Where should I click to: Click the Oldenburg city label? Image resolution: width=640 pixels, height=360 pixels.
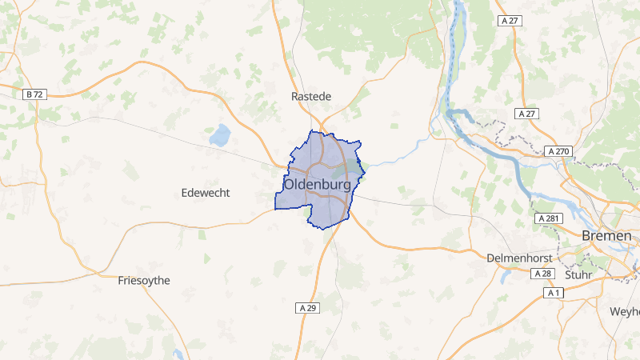click(x=317, y=184)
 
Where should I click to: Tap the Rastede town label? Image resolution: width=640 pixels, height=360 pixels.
click(x=310, y=96)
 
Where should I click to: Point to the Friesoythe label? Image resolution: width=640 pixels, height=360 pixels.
click(x=144, y=280)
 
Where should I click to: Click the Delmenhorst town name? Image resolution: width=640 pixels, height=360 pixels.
click(x=520, y=258)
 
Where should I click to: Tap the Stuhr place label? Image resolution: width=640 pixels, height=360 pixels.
click(x=578, y=274)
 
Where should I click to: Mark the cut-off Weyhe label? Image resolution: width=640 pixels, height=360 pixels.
click(x=625, y=310)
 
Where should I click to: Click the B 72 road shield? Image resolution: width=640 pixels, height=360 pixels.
click(x=34, y=94)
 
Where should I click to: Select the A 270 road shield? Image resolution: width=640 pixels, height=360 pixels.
click(x=558, y=151)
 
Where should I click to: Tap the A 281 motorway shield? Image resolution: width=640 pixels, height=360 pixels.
click(x=548, y=218)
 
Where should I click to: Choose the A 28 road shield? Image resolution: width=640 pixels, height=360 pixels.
click(x=542, y=274)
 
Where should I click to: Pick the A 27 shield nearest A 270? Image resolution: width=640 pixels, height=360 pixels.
click(x=526, y=114)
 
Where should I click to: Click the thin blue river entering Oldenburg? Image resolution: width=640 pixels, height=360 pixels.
click(x=392, y=158)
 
